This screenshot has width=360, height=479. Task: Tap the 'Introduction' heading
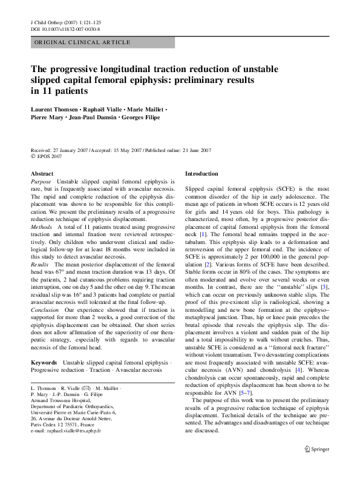[201, 174]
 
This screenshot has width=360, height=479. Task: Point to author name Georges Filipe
[139, 117]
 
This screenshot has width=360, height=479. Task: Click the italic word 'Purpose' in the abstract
[41, 182]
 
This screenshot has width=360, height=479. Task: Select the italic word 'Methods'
[41, 225]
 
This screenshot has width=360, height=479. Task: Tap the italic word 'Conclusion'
[45, 308]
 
